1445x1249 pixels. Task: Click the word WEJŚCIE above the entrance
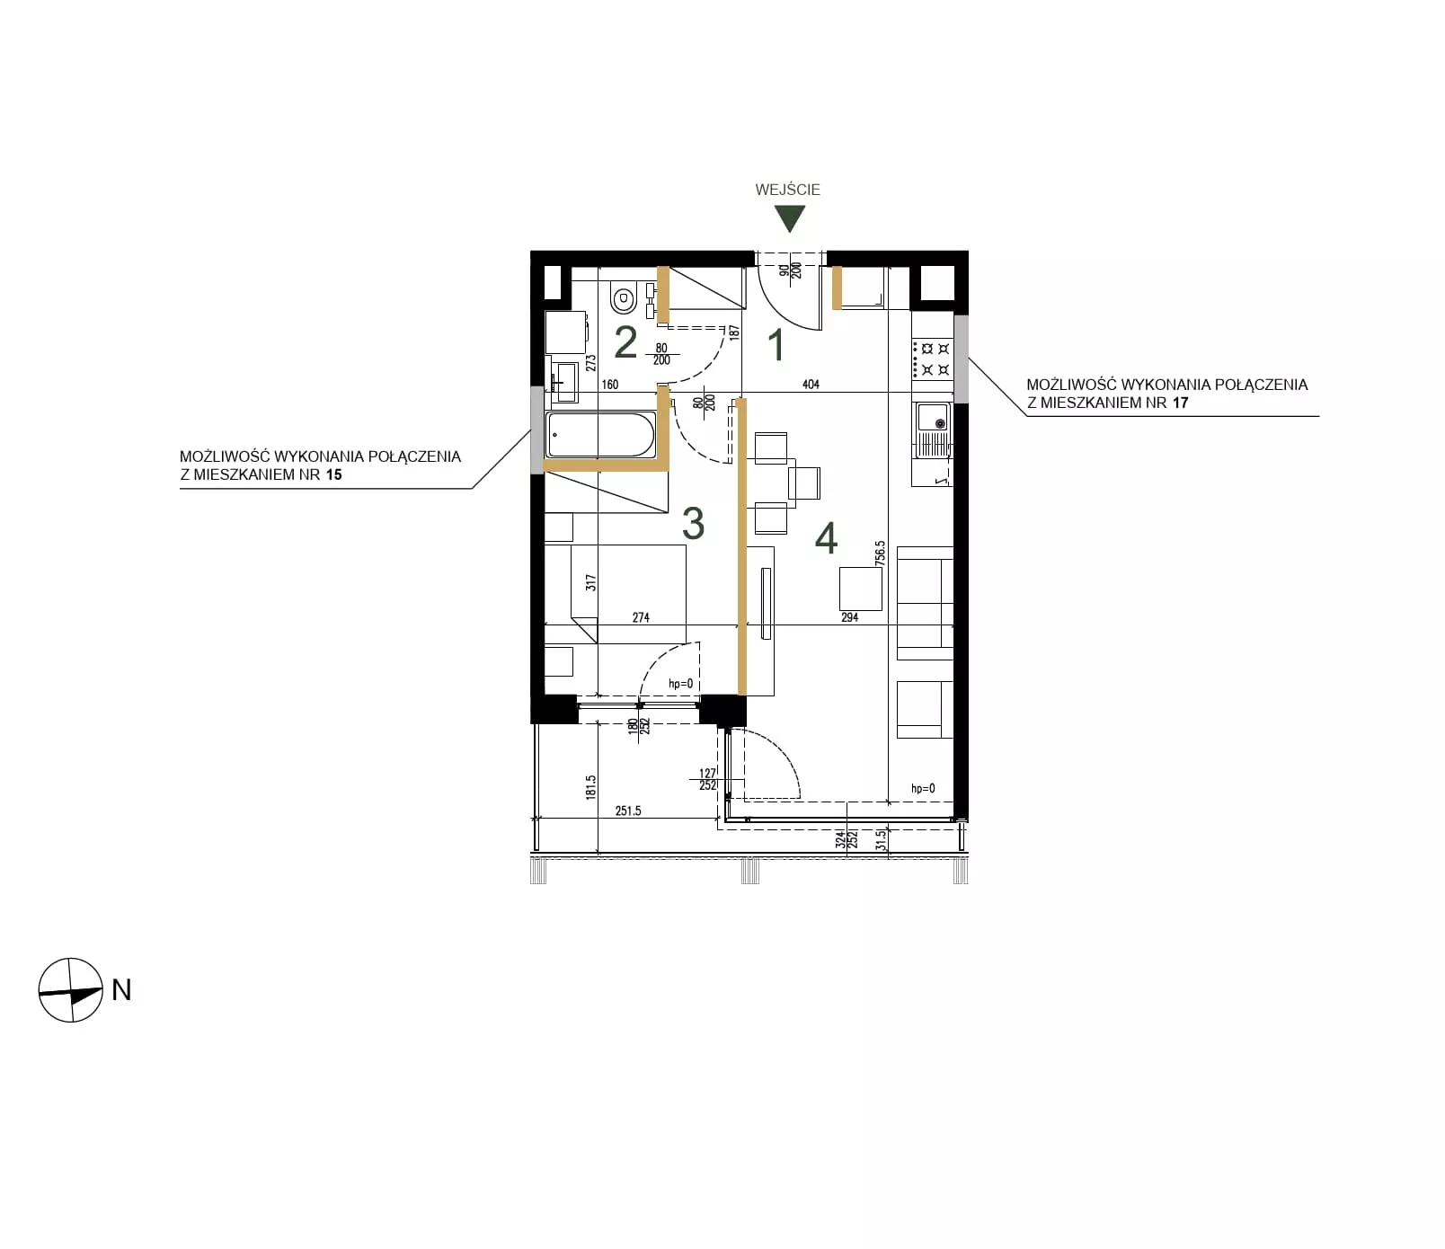tap(787, 190)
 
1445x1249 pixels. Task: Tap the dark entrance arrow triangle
tap(789, 218)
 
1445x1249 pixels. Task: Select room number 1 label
tap(776, 346)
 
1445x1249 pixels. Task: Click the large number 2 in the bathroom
tap(625, 342)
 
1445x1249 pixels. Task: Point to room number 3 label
tap(693, 524)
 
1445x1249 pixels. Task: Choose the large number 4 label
tap(826, 537)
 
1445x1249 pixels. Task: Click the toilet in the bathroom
tap(623, 297)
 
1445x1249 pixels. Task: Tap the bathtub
tap(600, 435)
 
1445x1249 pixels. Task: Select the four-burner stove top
tap(932, 359)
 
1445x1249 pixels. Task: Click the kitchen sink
tap(933, 428)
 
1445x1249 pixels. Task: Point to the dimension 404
tap(811, 385)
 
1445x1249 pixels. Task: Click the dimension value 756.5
tap(881, 553)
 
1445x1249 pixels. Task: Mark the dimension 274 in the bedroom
tap(641, 617)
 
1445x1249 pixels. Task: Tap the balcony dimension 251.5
tap(628, 811)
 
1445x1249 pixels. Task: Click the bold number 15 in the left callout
tap(333, 474)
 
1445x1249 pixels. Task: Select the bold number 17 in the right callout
tap(1180, 403)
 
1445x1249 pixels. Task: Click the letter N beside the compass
tap(121, 989)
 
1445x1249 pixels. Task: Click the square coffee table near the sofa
tap(861, 589)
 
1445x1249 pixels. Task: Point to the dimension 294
tap(849, 617)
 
